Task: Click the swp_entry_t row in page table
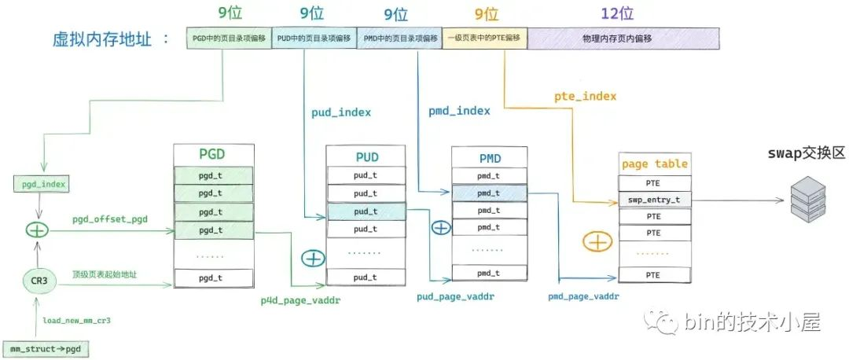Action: pyautogui.click(x=655, y=200)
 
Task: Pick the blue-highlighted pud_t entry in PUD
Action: pyautogui.click(x=366, y=211)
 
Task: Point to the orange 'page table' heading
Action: pyautogui.click(x=654, y=163)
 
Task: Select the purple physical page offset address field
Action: pyautogui.click(x=624, y=38)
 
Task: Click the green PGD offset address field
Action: pyautogui.click(x=228, y=38)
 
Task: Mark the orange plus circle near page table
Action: pyautogui.click(x=597, y=241)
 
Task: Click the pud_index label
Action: pyautogui.click(x=341, y=112)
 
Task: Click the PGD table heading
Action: pyautogui.click(x=213, y=155)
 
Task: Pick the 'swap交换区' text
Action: pyautogui.click(x=807, y=153)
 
